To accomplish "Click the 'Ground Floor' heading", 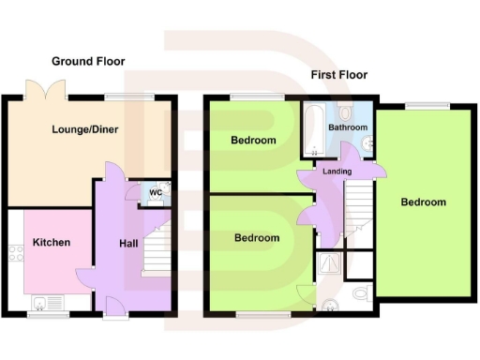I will (x=87, y=61).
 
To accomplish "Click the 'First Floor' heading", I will (x=338, y=75).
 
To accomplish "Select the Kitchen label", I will (x=52, y=243).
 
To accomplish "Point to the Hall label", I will (x=128, y=244).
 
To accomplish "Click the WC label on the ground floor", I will (x=156, y=193).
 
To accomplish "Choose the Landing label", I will (x=337, y=172).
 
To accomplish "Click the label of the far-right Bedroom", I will (x=424, y=202).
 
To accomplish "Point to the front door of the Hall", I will (x=112, y=307).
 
